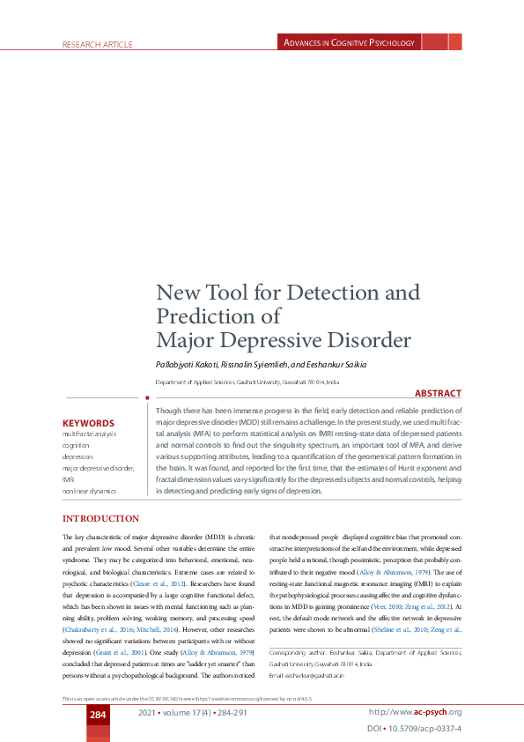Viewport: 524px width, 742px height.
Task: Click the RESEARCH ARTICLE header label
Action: pyautogui.click(x=97, y=44)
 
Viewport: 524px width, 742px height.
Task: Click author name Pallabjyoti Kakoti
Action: pyautogui.click(x=190, y=365)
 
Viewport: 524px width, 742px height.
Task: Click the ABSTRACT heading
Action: pyautogui.click(x=438, y=394)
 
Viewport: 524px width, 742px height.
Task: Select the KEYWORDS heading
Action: pyautogui.click(x=88, y=423)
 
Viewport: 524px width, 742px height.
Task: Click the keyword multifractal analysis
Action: pyautogui.click(x=89, y=434)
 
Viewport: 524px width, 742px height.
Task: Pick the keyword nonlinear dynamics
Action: pyautogui.click(x=89, y=490)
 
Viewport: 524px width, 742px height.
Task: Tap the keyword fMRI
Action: pyautogui.click(x=69, y=479)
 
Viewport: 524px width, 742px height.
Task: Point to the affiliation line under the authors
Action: pyautogui.click(x=259, y=382)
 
